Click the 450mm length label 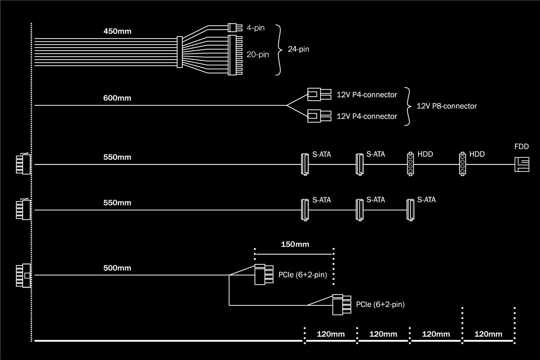coord(117,31)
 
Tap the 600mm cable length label coord(117,98)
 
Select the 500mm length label coord(117,268)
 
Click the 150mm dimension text coord(295,244)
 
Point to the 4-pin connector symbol coord(235,27)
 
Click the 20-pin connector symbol coord(235,55)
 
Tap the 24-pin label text coord(298,49)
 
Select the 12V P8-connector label coord(446,106)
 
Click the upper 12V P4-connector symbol coord(319,94)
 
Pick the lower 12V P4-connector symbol coord(319,116)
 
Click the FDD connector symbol coord(522,164)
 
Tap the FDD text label coord(521,147)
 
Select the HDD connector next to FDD coord(462,164)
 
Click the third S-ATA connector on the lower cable coord(410,210)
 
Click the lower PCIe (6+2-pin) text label coord(380,305)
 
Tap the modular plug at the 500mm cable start coord(23,275)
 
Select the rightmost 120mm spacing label coord(488,334)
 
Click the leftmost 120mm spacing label coord(330,334)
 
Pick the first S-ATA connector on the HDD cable coord(305,164)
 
